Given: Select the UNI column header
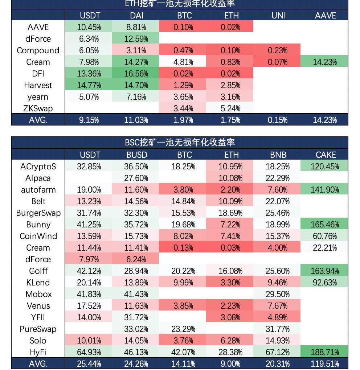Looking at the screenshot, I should click(x=278, y=16).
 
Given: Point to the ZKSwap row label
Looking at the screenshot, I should click(x=38, y=108).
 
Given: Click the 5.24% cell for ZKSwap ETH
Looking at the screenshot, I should click(x=230, y=108).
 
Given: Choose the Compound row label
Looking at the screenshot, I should click(x=38, y=50).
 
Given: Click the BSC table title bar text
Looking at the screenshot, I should click(x=180, y=143).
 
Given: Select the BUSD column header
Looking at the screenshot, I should click(x=137, y=155).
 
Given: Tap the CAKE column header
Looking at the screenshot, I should click(x=326, y=155).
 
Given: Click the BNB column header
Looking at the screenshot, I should click(x=278, y=155).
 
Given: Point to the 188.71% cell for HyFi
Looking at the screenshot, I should click(x=325, y=352).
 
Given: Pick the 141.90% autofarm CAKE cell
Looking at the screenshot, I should click(x=325, y=190).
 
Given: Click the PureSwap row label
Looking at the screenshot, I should click(x=38, y=329).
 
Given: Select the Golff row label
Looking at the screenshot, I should click(x=38, y=271).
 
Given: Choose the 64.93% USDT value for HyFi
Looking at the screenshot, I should click(x=89, y=352).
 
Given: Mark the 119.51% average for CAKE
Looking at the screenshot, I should click(x=325, y=364).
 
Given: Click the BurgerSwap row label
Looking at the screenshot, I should click(x=38, y=213).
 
